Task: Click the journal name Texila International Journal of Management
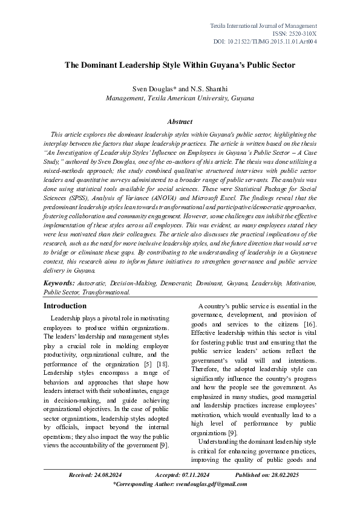tap(263, 26)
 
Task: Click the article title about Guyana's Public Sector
tap(180, 64)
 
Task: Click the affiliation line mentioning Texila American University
tap(180, 97)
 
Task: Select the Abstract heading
tap(180, 122)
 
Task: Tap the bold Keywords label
tap(59, 283)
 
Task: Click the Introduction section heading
tap(65, 306)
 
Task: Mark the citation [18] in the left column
tap(162, 365)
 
